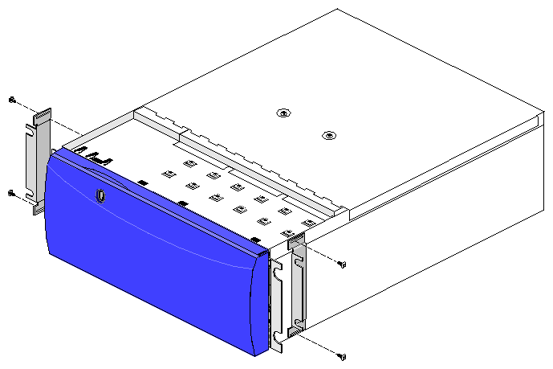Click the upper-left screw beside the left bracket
click(x=12, y=100)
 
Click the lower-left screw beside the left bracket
click(x=11, y=193)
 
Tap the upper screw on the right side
click(x=343, y=264)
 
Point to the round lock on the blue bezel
click(x=101, y=195)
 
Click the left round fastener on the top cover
click(x=282, y=113)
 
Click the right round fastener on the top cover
click(x=327, y=135)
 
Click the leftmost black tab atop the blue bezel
click(x=142, y=183)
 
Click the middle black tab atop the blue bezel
click(x=183, y=203)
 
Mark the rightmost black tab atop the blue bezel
click(x=254, y=240)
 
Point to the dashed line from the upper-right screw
click(x=321, y=255)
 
